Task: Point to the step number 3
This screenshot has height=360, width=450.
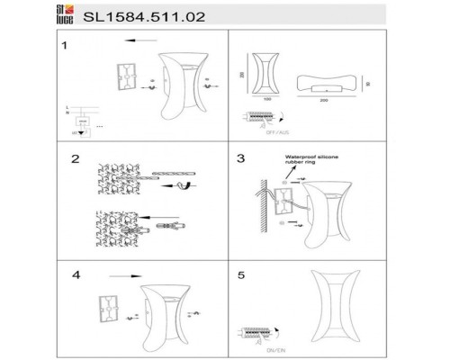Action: [240, 159]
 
